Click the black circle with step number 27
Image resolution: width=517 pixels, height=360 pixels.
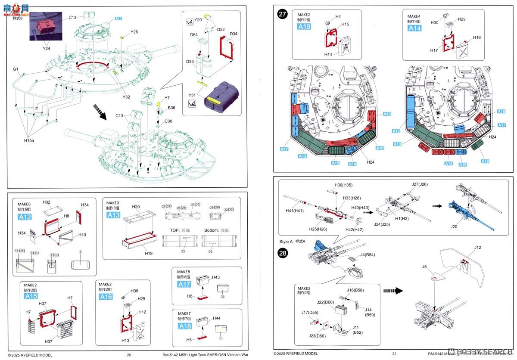[283, 14]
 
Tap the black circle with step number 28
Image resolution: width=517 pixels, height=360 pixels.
[283, 253]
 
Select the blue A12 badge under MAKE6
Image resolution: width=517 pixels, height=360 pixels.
[25, 217]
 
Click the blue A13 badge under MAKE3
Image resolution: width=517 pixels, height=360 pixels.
[114, 215]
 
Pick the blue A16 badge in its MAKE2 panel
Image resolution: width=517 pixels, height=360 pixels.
[106, 297]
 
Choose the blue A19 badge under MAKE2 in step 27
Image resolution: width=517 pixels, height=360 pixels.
[304, 26]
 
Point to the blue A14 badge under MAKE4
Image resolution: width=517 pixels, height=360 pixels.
[414, 28]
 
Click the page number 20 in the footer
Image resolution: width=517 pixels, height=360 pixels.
[129, 355]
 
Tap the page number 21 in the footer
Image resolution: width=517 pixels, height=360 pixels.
[394, 354]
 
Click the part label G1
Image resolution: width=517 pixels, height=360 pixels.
[16, 69]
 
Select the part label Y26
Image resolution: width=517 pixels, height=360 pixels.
[134, 32]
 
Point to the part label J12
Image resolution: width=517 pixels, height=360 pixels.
[477, 248]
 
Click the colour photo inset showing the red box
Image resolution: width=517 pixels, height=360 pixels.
[46, 26]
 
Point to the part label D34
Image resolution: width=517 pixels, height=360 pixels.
[234, 34]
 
